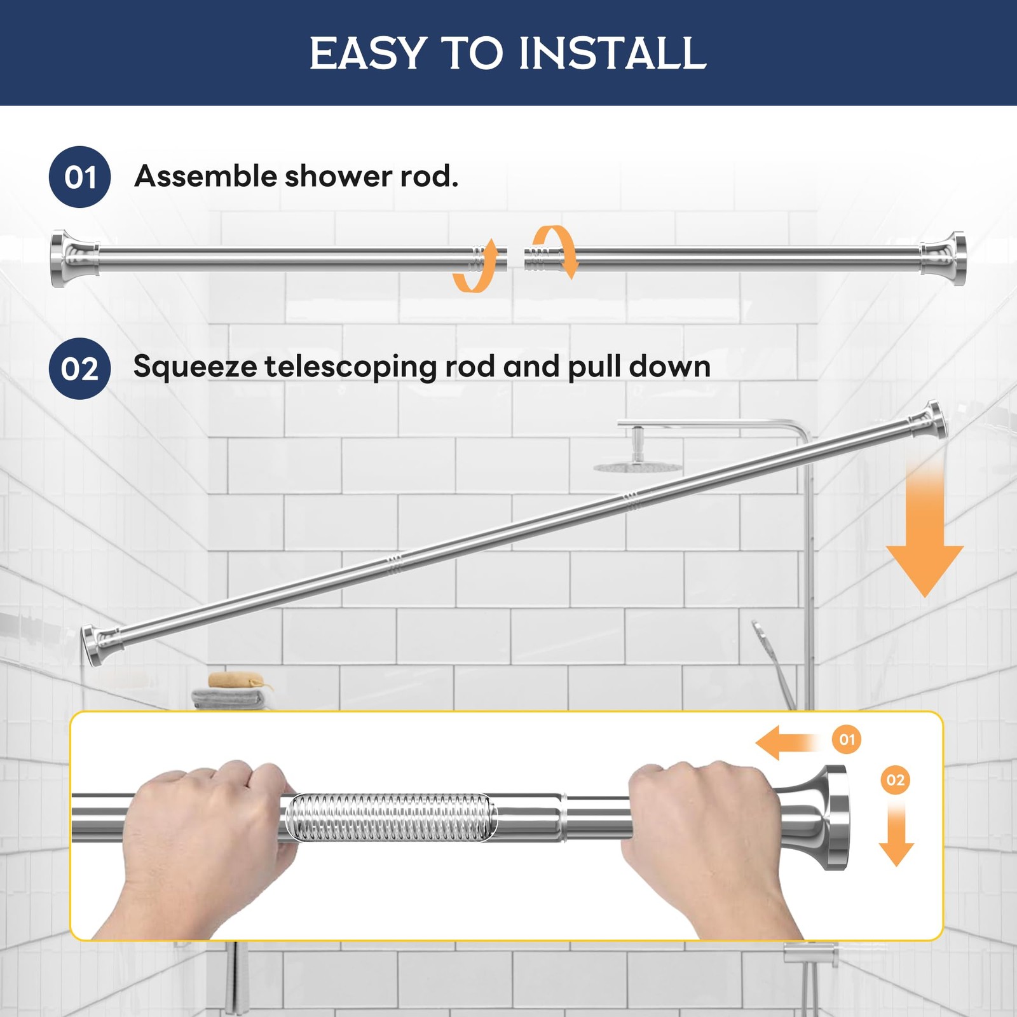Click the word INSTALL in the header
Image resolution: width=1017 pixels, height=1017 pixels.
pos(612,53)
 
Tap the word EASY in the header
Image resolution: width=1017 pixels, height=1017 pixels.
pos(367,53)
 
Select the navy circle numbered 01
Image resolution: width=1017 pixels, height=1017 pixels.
pos(79,177)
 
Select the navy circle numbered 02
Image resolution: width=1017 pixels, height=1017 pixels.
pos(79,369)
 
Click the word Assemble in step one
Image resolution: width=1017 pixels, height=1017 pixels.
pos(205,176)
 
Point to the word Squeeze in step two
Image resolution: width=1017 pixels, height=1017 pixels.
pos(195,367)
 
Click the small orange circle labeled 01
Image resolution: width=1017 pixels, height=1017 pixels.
pos(847,740)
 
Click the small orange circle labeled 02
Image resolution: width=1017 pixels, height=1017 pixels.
pos(895,780)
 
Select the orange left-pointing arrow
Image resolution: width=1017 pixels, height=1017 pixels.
pos(788,743)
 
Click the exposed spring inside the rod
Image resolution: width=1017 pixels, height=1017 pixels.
pos(389,817)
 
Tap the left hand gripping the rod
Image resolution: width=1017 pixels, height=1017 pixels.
pos(203,839)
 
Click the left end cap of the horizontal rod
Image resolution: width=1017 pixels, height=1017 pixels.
pos(67,259)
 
